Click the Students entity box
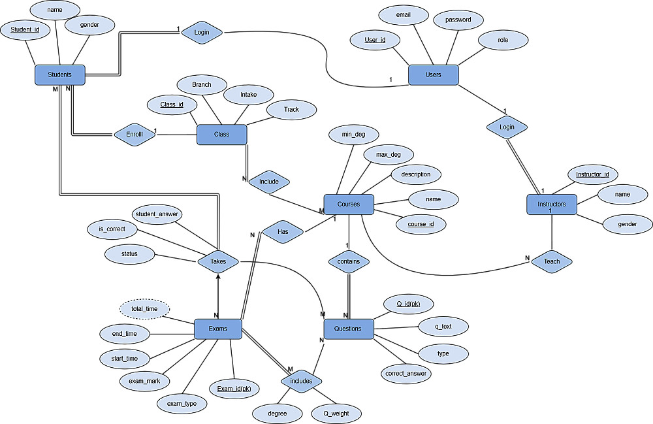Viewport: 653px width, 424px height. point(59,74)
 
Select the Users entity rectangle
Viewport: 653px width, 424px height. point(433,74)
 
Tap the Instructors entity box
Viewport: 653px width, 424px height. point(552,204)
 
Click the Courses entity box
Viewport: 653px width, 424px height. point(349,204)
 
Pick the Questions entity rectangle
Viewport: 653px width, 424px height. point(347,329)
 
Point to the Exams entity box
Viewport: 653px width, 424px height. point(218,329)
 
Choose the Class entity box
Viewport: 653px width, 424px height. point(221,135)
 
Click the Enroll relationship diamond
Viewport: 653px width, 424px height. point(134,135)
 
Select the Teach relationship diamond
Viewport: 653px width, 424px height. point(552,261)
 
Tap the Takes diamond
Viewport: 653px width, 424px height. point(218,261)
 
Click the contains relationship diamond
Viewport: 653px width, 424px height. point(349,261)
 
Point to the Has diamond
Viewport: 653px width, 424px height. point(282,231)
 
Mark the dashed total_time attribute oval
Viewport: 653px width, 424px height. point(145,308)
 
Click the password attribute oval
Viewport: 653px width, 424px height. point(458,20)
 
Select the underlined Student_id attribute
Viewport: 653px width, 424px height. point(25,29)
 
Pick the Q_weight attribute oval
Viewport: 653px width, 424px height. point(336,413)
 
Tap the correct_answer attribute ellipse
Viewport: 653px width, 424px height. point(406,374)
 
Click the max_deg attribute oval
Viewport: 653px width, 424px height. point(389,155)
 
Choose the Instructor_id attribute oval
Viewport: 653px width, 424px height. point(592,174)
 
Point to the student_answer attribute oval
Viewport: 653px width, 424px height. point(157,214)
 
